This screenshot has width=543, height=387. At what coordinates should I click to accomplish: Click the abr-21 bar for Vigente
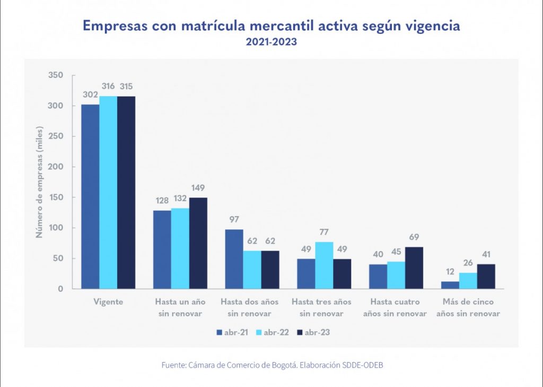coord(90,196)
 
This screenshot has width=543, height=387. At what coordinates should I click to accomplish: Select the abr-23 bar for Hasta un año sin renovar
coord(198,243)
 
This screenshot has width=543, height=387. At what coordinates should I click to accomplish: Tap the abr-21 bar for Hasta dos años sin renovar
coord(234,259)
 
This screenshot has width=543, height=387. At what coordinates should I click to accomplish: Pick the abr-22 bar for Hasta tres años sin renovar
coord(325,265)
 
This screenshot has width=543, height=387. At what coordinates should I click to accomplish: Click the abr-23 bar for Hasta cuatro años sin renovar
coord(414,268)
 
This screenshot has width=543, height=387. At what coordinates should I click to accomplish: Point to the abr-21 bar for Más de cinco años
coord(450,285)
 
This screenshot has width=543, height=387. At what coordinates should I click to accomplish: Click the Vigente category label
coord(108,302)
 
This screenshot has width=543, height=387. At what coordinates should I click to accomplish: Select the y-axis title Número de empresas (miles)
coord(40,182)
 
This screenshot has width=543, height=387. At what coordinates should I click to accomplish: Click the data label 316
coord(108,87)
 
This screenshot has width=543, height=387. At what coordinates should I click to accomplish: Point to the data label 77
coord(325,233)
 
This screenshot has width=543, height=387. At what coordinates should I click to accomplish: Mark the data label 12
coord(450,272)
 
